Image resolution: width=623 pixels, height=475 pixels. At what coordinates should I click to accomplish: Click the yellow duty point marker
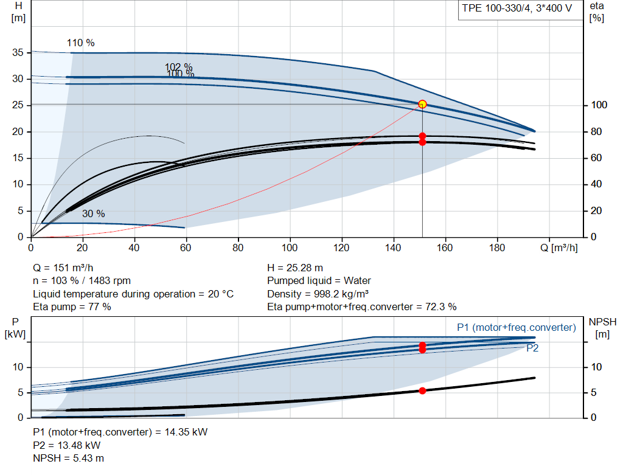(422, 105)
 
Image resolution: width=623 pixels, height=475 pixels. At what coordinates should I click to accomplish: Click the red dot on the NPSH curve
(422, 391)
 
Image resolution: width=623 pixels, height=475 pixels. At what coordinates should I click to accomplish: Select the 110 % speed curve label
(81, 43)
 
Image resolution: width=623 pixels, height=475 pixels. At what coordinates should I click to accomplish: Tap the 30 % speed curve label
(93, 213)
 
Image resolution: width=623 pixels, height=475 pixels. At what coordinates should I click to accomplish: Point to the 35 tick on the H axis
(18, 52)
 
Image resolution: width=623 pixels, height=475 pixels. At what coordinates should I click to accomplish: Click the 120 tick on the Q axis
(341, 248)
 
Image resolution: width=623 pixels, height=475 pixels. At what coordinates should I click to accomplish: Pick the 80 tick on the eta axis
(596, 131)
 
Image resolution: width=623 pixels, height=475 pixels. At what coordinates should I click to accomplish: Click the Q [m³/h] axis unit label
(559, 248)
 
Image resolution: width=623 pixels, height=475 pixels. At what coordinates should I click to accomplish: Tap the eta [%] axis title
(597, 12)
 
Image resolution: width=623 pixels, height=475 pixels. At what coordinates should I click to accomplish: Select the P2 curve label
(532, 348)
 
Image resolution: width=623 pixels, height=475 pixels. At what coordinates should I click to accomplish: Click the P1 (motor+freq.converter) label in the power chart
(517, 327)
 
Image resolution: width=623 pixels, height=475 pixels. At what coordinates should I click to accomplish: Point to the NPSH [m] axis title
(602, 328)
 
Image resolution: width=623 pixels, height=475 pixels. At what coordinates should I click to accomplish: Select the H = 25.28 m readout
(295, 268)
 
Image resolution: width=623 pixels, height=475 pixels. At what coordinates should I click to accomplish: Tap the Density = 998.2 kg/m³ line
(318, 294)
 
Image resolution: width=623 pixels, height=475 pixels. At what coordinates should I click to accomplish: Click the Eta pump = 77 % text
(72, 307)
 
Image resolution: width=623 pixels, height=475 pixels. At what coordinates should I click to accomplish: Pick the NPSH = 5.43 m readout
(68, 459)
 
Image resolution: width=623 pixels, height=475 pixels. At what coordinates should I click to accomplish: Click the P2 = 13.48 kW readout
(67, 445)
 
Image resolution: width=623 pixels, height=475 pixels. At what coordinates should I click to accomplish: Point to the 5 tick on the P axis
(21, 392)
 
